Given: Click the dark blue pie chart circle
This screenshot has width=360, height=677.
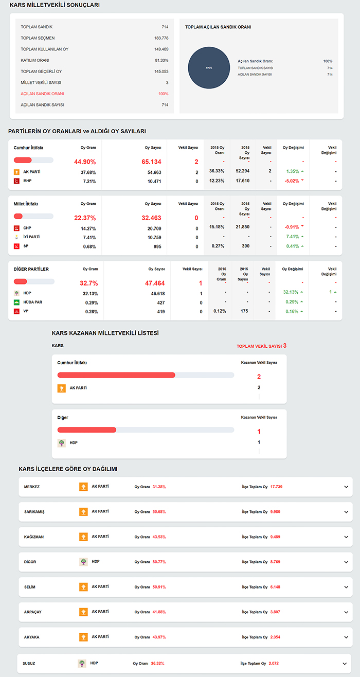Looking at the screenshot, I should pyautogui.click(x=209, y=68).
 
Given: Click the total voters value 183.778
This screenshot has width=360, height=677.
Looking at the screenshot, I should pyautogui.click(x=161, y=38).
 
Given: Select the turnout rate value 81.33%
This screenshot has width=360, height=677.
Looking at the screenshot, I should pyautogui.click(x=161, y=60).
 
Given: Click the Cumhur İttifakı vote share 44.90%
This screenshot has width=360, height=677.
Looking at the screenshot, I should pyautogui.click(x=85, y=162).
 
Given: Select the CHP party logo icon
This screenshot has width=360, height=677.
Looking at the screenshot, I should pyautogui.click(x=16, y=228).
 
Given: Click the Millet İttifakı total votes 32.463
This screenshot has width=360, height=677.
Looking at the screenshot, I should pyautogui.click(x=151, y=218).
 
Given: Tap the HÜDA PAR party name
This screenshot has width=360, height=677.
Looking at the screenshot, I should pyautogui.click(x=33, y=302).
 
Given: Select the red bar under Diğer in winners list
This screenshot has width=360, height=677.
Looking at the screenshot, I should pyautogui.click(x=87, y=430).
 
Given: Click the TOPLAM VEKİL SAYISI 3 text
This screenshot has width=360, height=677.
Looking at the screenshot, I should pyautogui.click(x=261, y=346).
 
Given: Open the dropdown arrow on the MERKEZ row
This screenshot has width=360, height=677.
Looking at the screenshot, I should pyautogui.click(x=346, y=487).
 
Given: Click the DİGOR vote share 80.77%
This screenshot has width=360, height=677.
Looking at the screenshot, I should pyautogui.click(x=158, y=562).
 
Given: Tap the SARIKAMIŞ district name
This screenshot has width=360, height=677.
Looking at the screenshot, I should pyautogui.click(x=34, y=512).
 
